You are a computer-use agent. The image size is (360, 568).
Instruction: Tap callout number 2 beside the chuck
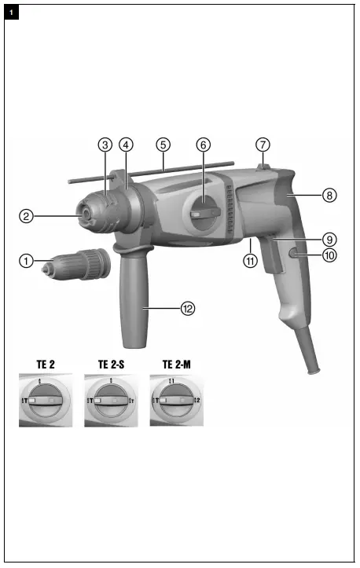tap(26, 214)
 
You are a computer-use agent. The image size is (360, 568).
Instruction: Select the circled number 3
tap(105, 145)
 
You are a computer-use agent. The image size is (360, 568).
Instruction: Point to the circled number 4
tap(126, 145)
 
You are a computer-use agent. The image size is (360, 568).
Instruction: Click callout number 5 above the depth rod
tap(163, 145)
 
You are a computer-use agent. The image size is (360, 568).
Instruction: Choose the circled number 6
tap(203, 145)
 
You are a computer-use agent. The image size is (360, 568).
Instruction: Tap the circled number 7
tap(263, 145)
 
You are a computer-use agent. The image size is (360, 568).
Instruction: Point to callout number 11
tap(250, 262)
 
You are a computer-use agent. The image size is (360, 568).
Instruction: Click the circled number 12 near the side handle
tap(188, 309)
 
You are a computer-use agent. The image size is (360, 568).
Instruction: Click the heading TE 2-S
tap(112, 365)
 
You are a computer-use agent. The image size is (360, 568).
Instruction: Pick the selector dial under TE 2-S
tap(112, 401)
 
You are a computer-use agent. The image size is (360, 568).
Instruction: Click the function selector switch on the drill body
tap(204, 212)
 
